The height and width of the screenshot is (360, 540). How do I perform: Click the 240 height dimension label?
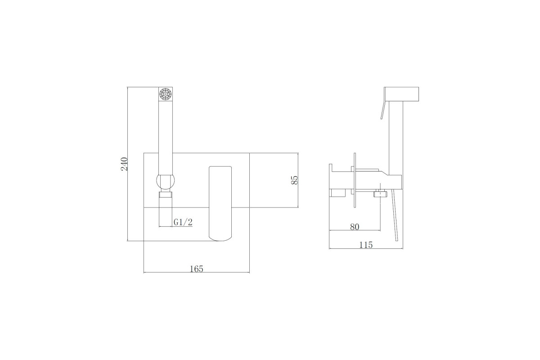point(124,164)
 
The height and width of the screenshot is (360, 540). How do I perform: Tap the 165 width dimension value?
point(197,269)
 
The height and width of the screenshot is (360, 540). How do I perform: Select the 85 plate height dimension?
point(295,180)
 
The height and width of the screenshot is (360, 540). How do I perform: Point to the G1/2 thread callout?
point(183,222)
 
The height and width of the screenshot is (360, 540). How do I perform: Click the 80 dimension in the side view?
point(355,227)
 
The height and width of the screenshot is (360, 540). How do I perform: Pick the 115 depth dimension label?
point(366,245)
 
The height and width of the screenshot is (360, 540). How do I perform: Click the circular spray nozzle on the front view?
point(166,94)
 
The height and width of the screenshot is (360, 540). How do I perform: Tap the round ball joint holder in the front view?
point(166,181)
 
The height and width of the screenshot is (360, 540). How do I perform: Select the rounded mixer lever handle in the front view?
point(220,203)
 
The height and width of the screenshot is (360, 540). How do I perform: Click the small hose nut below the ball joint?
point(166,194)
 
